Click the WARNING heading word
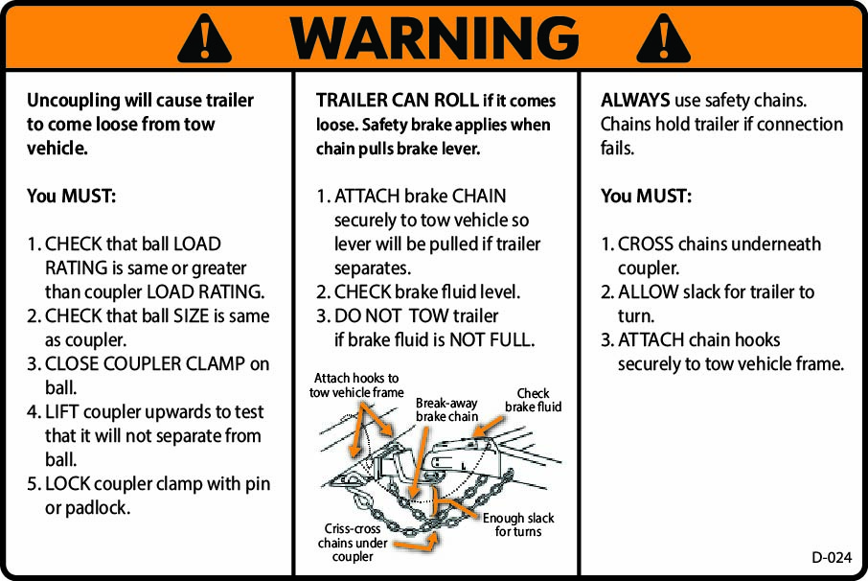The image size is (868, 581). pos(434,38)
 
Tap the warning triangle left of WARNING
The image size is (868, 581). pos(203,39)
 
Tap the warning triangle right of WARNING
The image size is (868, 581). pos(663,39)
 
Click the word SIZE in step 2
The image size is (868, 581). pos(191,315)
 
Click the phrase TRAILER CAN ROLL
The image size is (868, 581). pos(397,101)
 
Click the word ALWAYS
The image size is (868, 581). pos(635,101)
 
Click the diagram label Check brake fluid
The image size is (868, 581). pos(533,401)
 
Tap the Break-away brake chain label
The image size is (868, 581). pos(446,410)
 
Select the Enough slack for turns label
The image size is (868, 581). pos(518,524)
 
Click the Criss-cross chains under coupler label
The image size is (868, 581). pos(353,543)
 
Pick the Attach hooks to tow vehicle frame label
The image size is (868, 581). pos(356,385)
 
